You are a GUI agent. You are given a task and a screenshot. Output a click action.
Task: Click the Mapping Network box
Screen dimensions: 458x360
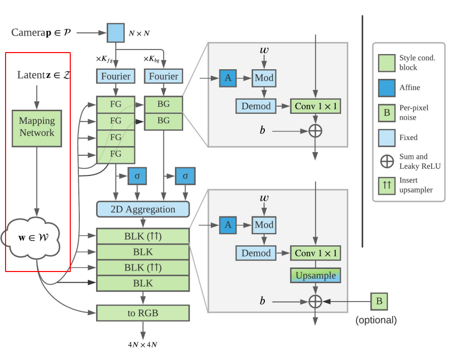(x=37, y=128)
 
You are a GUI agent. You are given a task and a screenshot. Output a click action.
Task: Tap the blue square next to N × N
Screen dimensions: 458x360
(x=116, y=33)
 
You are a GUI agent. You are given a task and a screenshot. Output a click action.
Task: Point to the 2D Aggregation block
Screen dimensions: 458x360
(x=143, y=209)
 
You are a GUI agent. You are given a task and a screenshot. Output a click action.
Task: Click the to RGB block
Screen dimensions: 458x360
(x=143, y=313)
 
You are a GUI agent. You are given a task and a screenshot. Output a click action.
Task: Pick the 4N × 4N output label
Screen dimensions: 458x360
(x=143, y=345)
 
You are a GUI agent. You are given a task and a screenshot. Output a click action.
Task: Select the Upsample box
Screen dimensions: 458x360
(x=315, y=275)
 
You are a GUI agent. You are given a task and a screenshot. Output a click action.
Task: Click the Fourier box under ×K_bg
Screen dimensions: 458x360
(x=164, y=76)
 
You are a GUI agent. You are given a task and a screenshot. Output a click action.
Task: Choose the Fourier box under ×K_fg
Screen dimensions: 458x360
(x=116, y=76)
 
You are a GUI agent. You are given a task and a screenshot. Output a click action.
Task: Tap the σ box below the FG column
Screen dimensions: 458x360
(x=138, y=176)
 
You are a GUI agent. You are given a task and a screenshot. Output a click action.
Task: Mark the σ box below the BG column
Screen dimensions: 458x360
(x=185, y=176)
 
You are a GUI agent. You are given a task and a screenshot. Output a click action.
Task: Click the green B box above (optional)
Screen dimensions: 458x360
(x=379, y=301)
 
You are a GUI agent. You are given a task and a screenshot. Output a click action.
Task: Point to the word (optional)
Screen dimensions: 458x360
(x=376, y=320)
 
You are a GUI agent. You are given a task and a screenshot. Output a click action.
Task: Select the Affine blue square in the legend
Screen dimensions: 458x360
(x=387, y=87)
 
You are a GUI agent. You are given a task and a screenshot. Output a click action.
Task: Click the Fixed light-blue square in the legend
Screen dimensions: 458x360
(x=387, y=138)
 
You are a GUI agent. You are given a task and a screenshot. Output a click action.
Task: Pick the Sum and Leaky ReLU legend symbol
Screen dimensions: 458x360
(x=387, y=161)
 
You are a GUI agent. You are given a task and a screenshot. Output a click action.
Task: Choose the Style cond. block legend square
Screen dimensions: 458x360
(x=387, y=63)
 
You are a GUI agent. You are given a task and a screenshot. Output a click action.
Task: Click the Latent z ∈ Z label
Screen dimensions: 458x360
(x=44, y=75)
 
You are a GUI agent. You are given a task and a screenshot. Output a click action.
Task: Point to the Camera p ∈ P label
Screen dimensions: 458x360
(x=41, y=32)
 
